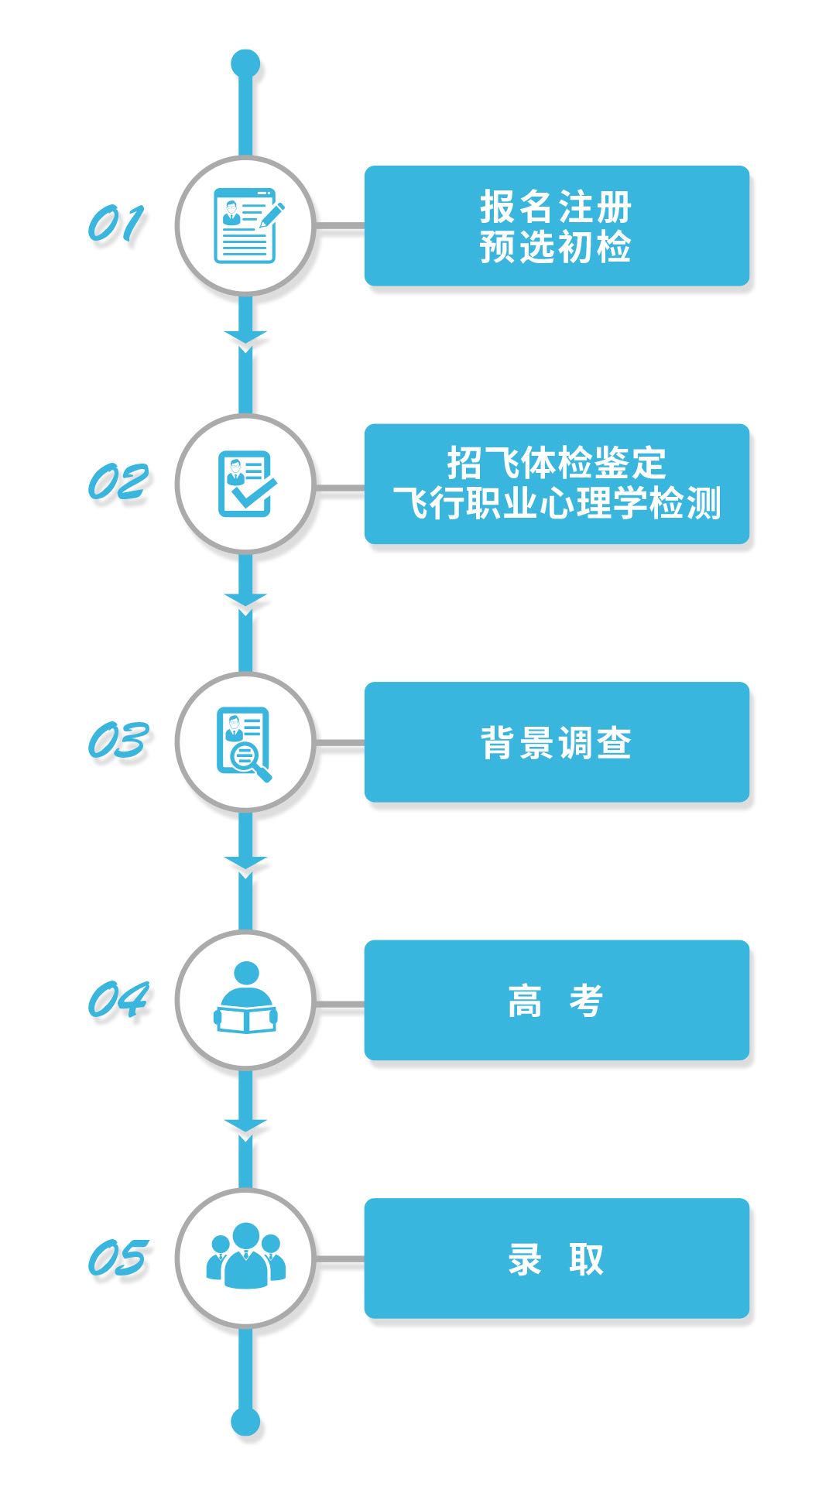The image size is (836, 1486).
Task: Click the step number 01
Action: tap(116, 224)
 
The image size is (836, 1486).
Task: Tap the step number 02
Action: tap(118, 482)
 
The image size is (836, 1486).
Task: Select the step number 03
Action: tap(118, 741)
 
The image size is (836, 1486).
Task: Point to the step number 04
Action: tap(118, 999)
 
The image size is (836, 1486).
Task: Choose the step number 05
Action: tap(118, 1258)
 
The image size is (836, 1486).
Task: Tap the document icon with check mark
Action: tap(247, 484)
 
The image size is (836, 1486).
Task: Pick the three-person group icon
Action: tap(245, 1255)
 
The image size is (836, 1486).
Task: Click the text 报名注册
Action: tap(556, 207)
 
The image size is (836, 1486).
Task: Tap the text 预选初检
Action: tap(556, 247)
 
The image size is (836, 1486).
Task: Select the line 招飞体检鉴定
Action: tap(557, 463)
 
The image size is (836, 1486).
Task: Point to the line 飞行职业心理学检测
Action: tap(557, 503)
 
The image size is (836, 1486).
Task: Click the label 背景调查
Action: tap(556, 743)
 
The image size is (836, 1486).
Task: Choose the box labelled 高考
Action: tap(557, 1000)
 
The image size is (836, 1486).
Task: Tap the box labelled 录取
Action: tap(557, 1258)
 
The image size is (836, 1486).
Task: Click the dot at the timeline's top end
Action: tap(245, 64)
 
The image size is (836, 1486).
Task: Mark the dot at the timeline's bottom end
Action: tap(245, 1422)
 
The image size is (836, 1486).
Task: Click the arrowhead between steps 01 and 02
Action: tap(245, 337)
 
